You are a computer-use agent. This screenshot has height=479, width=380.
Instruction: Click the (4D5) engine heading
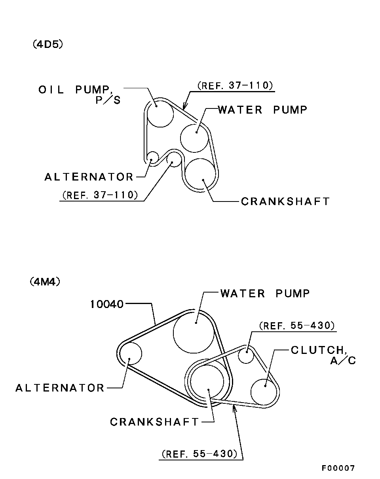click(x=48, y=44)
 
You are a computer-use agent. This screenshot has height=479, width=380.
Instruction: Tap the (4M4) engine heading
click(x=45, y=282)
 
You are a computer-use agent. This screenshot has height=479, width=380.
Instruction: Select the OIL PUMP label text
click(x=74, y=90)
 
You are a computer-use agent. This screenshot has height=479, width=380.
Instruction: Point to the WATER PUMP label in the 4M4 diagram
click(x=265, y=293)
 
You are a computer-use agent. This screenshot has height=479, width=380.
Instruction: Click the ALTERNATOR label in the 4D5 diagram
click(x=89, y=177)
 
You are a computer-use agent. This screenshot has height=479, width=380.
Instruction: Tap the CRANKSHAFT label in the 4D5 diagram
click(x=285, y=201)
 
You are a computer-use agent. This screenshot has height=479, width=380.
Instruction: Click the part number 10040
click(x=106, y=304)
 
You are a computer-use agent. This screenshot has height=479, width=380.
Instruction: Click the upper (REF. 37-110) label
click(x=235, y=86)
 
